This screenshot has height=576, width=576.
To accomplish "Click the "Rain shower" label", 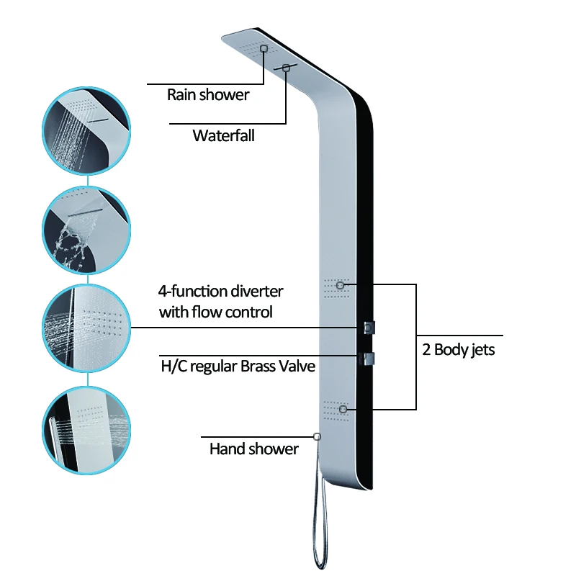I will point(208,94).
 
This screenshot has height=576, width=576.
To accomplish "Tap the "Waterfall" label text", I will point(223,135).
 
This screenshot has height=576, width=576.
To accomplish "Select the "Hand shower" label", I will point(253,449).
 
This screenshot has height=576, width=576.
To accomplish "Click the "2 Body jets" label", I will point(459,351).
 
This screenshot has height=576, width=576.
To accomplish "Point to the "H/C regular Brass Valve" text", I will point(238,366).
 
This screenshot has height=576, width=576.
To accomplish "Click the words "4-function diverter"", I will point(220,292).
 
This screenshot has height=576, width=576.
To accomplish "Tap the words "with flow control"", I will point(215,312).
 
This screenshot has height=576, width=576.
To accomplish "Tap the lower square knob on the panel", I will point(371,359).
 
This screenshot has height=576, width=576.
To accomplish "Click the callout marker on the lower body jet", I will point(343,409).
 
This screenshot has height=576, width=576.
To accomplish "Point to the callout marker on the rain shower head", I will point(264,48).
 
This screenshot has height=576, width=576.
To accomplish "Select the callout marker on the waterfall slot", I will point(287,68).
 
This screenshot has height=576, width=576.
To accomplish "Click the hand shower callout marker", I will point(317,436).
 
